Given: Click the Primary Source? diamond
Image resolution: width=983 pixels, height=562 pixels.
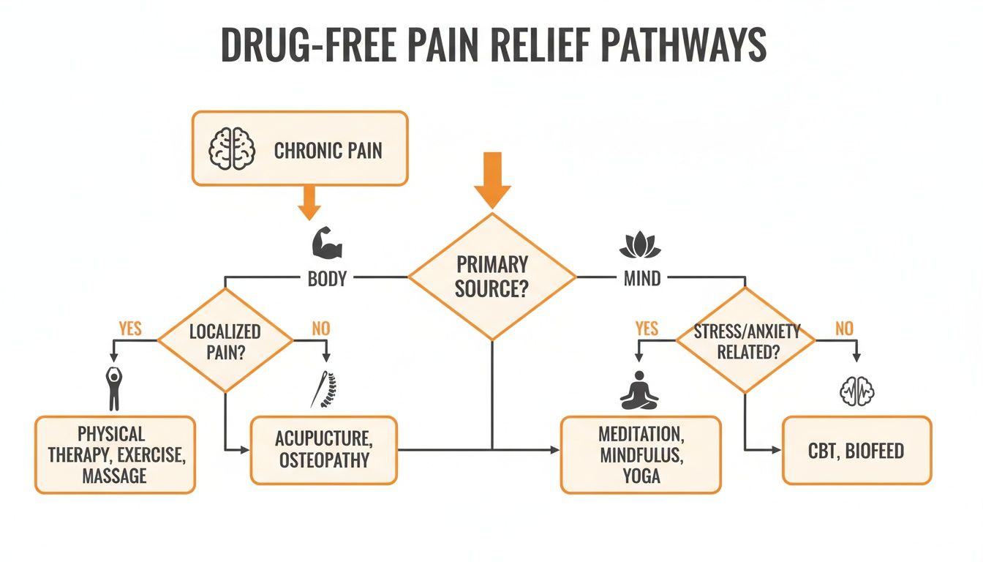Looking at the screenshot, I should coord(491,277).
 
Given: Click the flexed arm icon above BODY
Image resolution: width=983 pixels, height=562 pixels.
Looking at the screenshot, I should coord(326,242).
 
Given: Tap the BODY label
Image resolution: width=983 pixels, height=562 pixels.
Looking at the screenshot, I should coord(327,279).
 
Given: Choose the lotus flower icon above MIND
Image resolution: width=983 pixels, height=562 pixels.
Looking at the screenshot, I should coord(639,245).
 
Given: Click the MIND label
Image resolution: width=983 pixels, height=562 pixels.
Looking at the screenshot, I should coord(642,279).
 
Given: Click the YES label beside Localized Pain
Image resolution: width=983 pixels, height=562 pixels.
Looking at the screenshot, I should coord(129,329).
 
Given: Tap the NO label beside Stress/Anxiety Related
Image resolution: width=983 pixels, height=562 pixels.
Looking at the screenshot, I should coord(844,329).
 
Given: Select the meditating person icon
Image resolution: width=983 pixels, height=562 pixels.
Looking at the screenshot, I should coord(639,389).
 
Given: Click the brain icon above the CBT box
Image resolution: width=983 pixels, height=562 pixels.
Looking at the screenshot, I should coord(856,391).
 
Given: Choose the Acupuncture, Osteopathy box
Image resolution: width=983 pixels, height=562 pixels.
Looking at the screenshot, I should coord(323,450).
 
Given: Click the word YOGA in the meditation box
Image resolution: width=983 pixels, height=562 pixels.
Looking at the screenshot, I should coord(641,476).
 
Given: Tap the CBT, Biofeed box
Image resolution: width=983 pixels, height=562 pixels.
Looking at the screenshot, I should coord(856,450).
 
